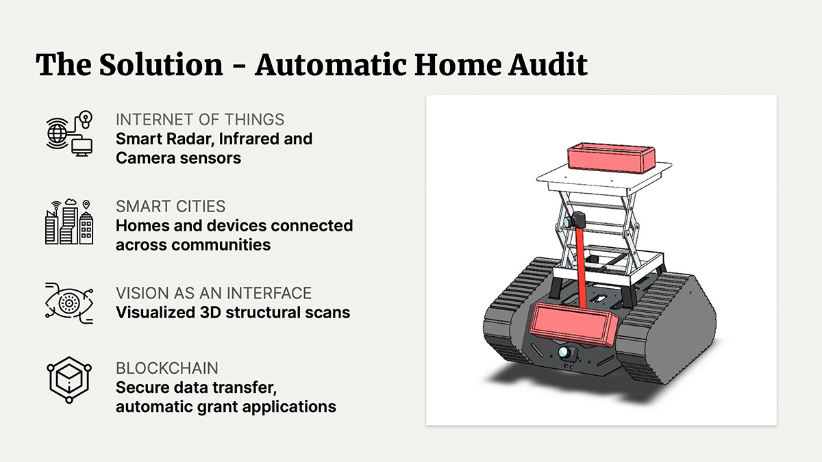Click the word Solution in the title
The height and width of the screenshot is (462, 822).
coord(161,64)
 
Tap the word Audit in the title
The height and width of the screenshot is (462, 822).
coord(547,64)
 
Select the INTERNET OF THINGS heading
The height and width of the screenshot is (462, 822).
coord(200,120)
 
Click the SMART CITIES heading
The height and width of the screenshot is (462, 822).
coord(171,207)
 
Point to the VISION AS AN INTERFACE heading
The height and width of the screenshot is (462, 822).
coord(214,294)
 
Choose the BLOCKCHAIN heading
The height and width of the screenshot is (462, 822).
coord(167,368)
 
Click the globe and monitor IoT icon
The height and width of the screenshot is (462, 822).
coord(69,133)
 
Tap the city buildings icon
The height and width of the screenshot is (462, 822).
coord(69,222)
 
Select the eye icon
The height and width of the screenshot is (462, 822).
coord(69,303)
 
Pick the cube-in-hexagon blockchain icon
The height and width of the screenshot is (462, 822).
coord(69,380)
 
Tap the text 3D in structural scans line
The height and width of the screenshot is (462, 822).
coord(210,312)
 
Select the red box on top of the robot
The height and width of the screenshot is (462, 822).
coord(611,157)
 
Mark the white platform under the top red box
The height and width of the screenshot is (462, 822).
coord(604,179)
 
